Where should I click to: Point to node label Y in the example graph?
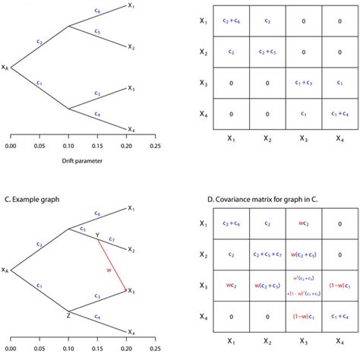97,234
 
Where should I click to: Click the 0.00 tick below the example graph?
11,352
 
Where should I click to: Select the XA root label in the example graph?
6,269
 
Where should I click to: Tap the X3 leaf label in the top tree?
131,88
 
